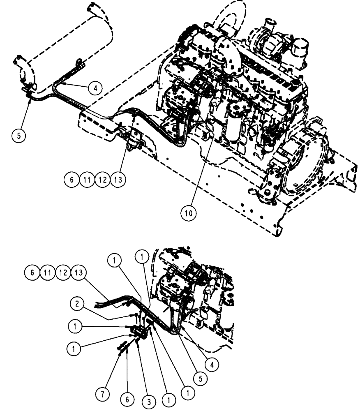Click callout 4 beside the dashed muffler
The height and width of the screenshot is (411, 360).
(95, 88)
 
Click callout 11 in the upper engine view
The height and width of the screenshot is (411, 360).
(87, 180)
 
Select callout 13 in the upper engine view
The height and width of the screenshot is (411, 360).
(118, 180)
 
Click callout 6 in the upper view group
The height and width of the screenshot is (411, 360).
(72, 180)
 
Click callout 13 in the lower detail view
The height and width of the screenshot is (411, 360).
(78, 272)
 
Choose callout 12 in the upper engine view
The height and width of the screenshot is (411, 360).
(102, 180)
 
